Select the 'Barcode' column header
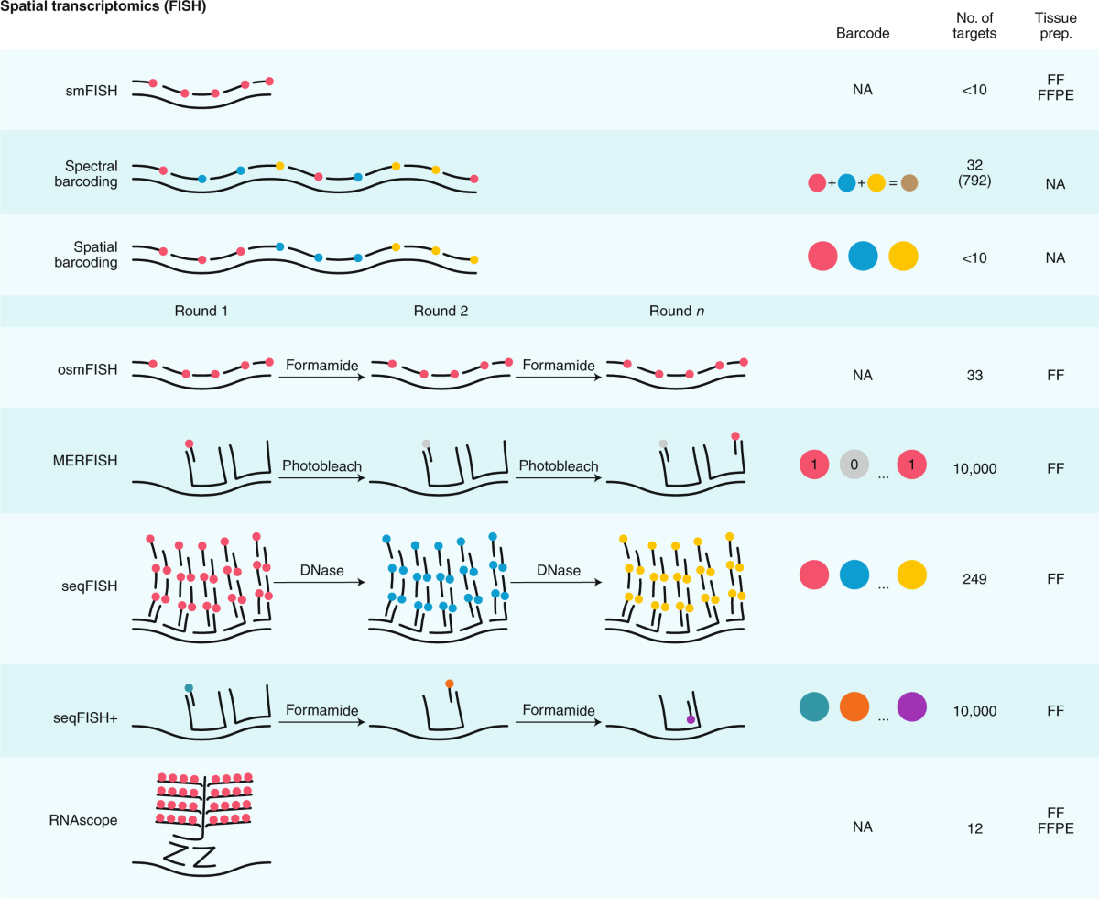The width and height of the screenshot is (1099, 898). [x=863, y=33]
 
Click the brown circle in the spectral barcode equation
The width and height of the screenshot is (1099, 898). [x=909, y=182]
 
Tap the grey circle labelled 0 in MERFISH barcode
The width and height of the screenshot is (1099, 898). [x=854, y=465]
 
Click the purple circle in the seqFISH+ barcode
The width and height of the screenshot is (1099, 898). [x=911, y=708]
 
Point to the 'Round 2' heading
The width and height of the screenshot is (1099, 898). [x=441, y=311]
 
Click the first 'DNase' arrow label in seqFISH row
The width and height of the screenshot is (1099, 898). [x=321, y=571]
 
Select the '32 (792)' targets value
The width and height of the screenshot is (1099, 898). [x=974, y=173]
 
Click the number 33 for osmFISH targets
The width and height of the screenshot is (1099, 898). [x=974, y=375]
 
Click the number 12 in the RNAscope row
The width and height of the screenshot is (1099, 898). [x=974, y=828]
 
